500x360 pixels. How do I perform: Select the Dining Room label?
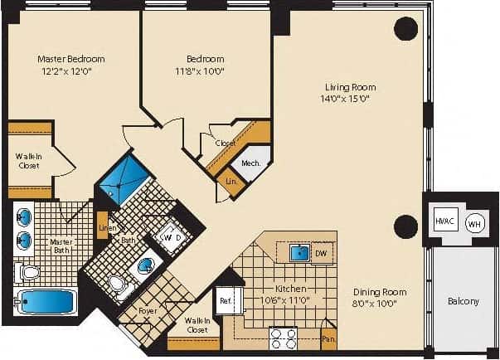[x=379, y=292]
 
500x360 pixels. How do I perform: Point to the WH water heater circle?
[x=473, y=223]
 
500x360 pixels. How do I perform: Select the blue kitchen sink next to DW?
[x=299, y=252]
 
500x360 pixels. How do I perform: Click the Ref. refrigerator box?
[x=225, y=301]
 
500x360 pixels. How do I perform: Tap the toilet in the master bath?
[x=29, y=272]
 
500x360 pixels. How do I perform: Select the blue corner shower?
[x=123, y=181]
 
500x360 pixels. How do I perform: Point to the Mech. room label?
[x=251, y=163]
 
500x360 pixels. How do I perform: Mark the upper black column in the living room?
[x=405, y=29]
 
